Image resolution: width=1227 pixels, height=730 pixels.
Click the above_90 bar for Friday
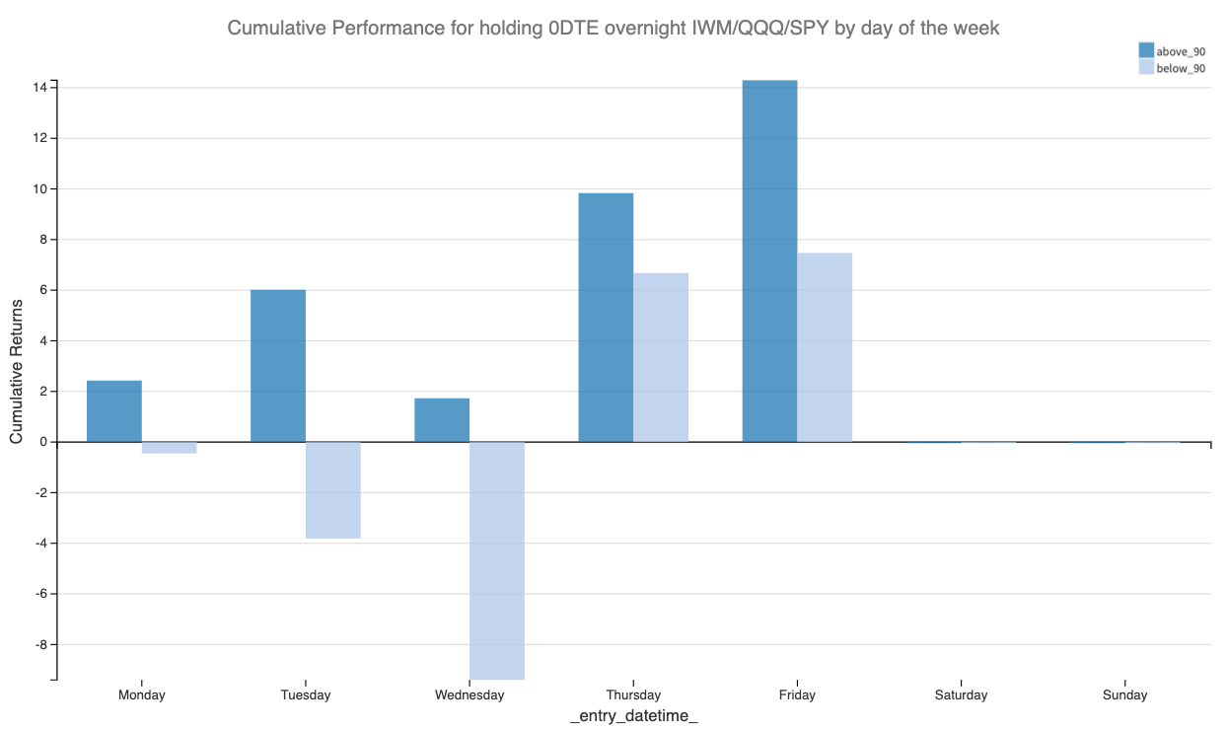coord(769,260)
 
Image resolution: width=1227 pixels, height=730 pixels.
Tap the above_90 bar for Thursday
coord(606,317)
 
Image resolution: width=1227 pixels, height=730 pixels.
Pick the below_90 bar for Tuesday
coord(333,489)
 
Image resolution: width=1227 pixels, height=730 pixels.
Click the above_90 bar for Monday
coord(114,410)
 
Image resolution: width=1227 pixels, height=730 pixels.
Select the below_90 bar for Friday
coord(825,347)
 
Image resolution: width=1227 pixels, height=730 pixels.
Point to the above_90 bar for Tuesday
coord(278,365)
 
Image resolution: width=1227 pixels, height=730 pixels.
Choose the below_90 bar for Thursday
coord(661,357)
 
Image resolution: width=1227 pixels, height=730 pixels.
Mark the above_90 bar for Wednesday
coord(442,419)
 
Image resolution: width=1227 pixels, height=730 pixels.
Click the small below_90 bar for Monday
coord(170,448)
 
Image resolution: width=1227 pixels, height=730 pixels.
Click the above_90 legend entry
coord(1172,50)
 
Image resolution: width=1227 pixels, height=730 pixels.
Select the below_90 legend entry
coord(1172,68)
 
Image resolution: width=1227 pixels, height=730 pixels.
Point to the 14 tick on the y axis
coord(40,88)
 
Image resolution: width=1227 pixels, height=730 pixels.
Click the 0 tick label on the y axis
coord(43,442)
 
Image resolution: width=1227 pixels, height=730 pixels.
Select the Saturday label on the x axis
coord(961,694)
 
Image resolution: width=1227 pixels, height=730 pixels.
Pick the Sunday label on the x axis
coord(1124,694)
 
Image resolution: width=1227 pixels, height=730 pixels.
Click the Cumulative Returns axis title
coord(17,371)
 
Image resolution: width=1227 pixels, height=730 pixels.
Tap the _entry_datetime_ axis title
coord(633,716)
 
